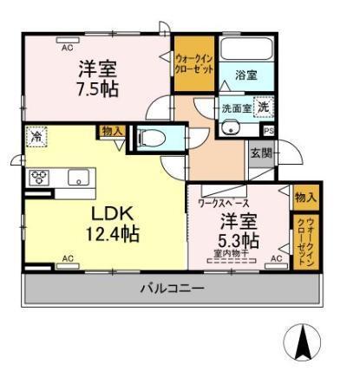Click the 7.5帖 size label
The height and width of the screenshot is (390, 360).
click(98, 89)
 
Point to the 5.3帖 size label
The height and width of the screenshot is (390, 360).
click(239, 238)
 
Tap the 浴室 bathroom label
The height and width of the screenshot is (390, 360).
click(245, 75)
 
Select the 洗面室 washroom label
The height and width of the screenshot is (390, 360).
click(235, 108)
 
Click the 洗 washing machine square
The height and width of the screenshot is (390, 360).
click(264, 107)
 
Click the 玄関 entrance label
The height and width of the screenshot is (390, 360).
click(259, 154)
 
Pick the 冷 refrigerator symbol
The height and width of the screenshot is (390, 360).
click(36, 137)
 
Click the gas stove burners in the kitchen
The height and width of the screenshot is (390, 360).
click(40, 177)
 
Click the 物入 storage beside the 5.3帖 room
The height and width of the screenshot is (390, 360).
click(305, 198)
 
